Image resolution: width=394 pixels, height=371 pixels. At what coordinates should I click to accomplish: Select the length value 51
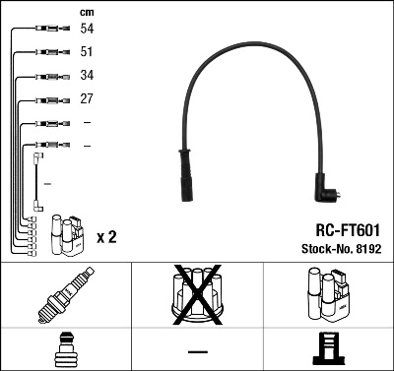87,53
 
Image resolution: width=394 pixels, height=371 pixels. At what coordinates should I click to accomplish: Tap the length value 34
87,76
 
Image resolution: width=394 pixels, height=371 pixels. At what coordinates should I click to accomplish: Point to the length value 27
87,98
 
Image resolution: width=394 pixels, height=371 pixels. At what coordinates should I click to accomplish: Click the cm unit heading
87,11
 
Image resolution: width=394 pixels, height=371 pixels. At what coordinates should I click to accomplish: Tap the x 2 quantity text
107,238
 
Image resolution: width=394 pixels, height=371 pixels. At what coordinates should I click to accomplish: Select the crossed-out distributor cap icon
197,293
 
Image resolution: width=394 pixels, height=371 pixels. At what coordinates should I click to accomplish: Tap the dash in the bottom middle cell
197,351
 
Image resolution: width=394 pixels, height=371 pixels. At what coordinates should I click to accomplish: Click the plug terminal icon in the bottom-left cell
65,350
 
